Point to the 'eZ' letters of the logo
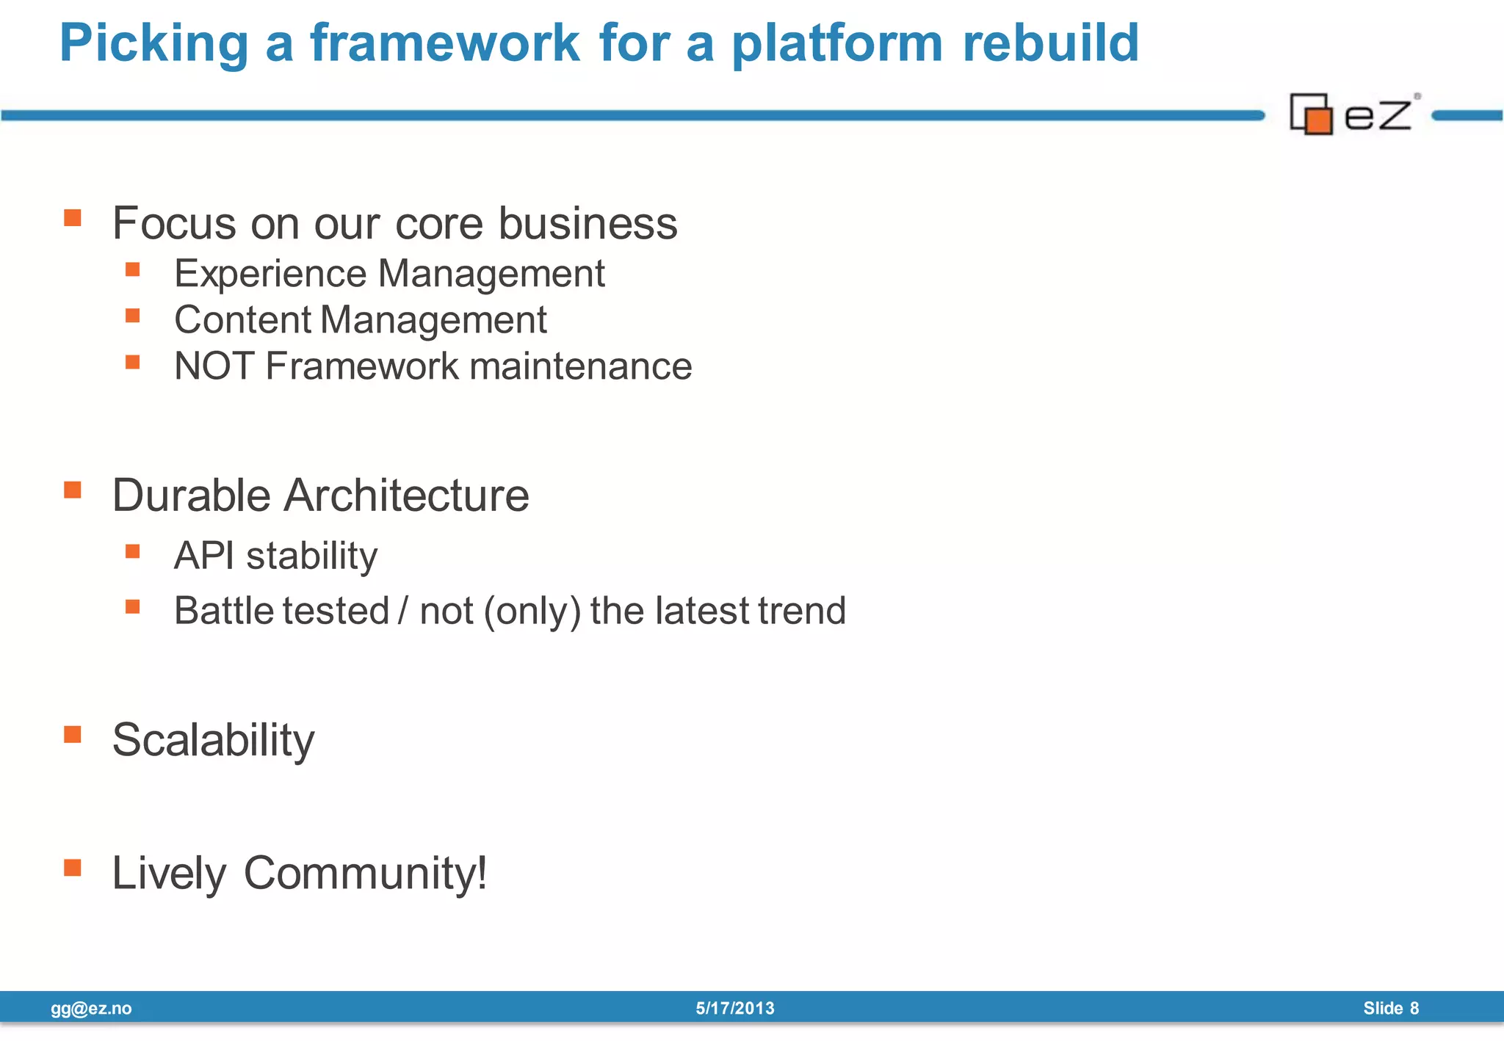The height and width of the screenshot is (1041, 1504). pyautogui.click(x=1378, y=115)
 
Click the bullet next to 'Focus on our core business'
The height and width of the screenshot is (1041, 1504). pyautogui.click(x=72, y=218)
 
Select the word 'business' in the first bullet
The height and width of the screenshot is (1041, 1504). pyautogui.click(x=587, y=223)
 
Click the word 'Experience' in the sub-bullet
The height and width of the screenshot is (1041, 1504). pyautogui.click(x=270, y=274)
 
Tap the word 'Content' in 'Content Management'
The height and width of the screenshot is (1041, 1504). pyautogui.click(x=243, y=320)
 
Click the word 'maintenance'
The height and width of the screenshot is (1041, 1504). pyautogui.click(x=580, y=366)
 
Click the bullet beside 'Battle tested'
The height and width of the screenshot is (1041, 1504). pyautogui.click(x=133, y=606)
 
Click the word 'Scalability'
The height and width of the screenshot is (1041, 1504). pyautogui.click(x=213, y=740)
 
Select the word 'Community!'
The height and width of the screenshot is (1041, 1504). pyautogui.click(x=365, y=874)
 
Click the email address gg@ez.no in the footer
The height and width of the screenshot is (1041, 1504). pyautogui.click(x=91, y=1009)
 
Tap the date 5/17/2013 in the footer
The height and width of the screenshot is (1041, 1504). pyautogui.click(x=734, y=1009)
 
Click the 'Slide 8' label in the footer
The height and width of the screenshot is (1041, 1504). pyautogui.click(x=1390, y=1009)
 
